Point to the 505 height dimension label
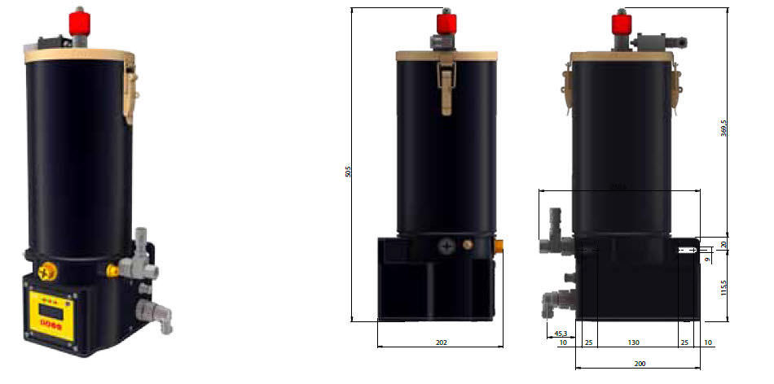349,172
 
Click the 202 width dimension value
441,343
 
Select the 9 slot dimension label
709,259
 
